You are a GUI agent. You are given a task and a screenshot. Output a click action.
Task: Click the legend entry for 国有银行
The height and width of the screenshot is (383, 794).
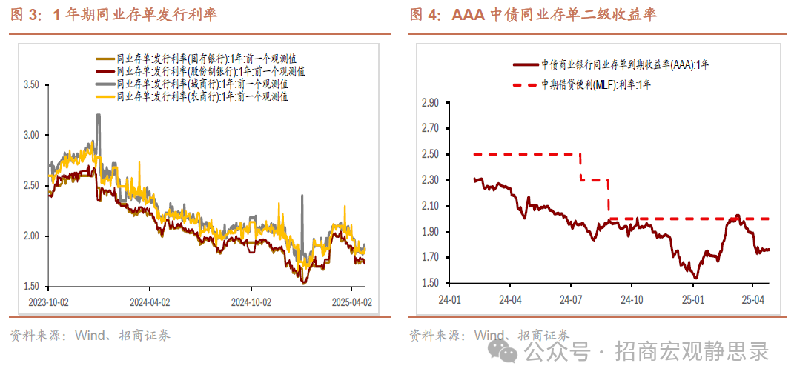pyautogui.click(x=201, y=59)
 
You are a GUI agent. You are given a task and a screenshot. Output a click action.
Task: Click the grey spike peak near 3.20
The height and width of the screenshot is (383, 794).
pyautogui.click(x=99, y=116)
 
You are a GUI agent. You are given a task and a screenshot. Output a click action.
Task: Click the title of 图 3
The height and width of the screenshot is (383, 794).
pyautogui.click(x=113, y=15)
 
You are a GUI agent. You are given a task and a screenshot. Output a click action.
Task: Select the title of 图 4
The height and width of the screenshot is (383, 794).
pyautogui.click(x=532, y=15)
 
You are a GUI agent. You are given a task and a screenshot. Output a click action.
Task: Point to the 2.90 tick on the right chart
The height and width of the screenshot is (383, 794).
pyautogui.click(x=430, y=103)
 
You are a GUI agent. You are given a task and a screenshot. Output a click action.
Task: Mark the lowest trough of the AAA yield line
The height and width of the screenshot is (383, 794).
pyautogui.click(x=695, y=278)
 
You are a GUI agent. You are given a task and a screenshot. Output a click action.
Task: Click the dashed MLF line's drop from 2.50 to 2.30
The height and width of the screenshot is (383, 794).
pyautogui.click(x=580, y=167)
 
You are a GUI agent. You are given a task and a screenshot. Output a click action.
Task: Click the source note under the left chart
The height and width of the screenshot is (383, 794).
pyautogui.click(x=90, y=336)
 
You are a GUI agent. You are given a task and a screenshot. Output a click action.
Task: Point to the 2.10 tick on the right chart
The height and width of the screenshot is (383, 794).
pyautogui.click(x=430, y=206)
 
